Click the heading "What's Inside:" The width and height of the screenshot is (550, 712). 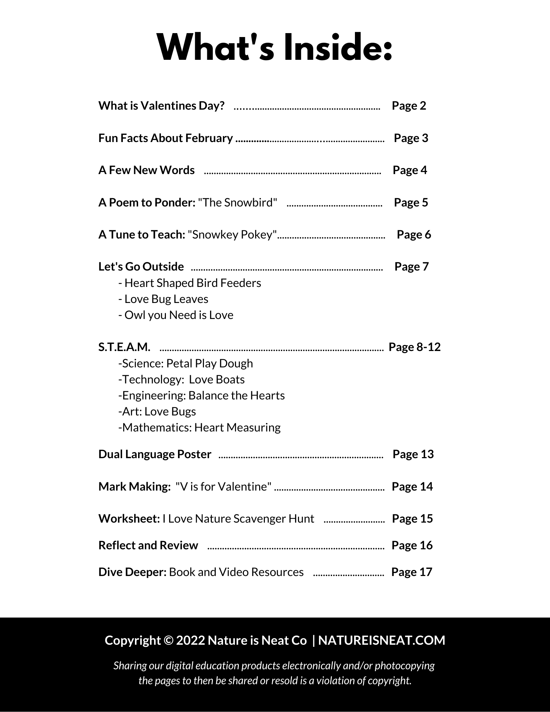click(275, 48)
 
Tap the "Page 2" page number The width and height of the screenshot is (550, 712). click(409, 106)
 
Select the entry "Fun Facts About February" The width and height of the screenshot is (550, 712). click(166, 138)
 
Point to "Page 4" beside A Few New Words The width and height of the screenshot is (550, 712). click(409, 170)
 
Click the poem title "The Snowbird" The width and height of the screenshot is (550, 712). click(237, 203)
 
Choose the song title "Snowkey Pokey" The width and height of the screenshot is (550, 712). click(232, 235)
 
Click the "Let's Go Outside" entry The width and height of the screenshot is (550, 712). click(141, 267)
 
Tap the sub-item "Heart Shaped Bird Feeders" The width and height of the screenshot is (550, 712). click(190, 283)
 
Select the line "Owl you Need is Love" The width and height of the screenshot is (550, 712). click(176, 315)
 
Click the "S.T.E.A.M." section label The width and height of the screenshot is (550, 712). click(124, 347)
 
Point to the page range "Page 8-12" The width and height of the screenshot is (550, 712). click(414, 347)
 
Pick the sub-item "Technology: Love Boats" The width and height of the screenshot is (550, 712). click(182, 379)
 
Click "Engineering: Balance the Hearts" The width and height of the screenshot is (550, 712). click(201, 396)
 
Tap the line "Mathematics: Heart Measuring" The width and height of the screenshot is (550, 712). click(199, 428)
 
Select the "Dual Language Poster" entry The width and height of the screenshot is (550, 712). click(155, 454)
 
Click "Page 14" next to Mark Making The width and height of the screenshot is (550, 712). click(412, 487)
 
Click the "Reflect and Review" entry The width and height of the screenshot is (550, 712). click(148, 545)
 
